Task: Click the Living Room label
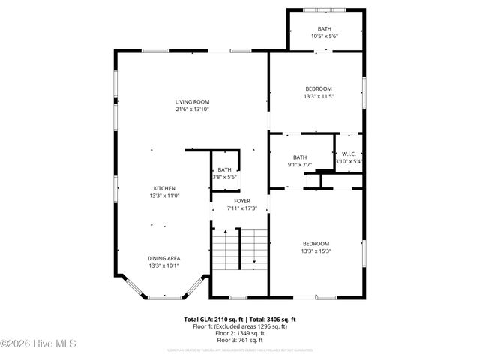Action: (x=192, y=102)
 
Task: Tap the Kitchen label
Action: (x=164, y=188)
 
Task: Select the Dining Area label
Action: (x=164, y=257)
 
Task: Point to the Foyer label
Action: (x=241, y=201)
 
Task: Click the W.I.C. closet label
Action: (x=349, y=154)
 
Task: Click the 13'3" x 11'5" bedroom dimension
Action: (x=318, y=96)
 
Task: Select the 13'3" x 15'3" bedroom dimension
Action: (x=316, y=250)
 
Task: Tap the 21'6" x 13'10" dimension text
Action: (x=192, y=109)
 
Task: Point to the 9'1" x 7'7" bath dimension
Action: (x=299, y=164)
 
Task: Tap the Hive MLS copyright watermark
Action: (x=40, y=344)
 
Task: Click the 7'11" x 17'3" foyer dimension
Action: (x=241, y=208)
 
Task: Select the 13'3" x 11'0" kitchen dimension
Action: (x=164, y=196)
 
